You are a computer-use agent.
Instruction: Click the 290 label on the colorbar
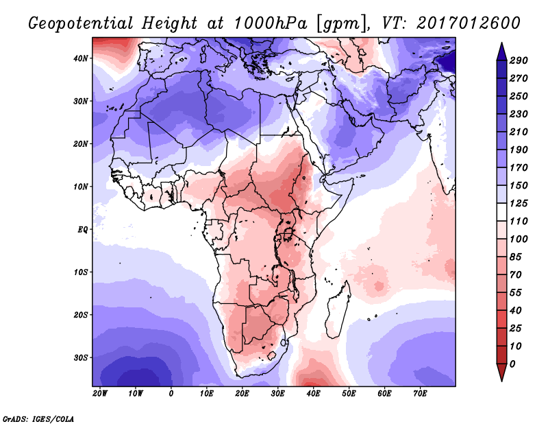click(518, 61)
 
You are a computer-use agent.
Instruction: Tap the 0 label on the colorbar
click(513, 363)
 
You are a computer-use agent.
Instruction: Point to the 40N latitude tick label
click(81, 58)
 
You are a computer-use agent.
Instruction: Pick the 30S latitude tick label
click(81, 357)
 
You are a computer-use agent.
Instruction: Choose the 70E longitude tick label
click(420, 394)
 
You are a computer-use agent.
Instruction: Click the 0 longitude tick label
click(171, 394)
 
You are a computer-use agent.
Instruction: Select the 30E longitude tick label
click(277, 394)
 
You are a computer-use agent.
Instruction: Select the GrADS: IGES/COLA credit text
click(38, 418)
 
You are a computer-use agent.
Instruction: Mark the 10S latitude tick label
click(81, 272)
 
